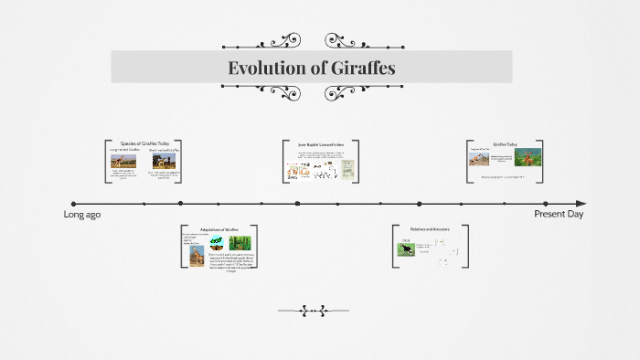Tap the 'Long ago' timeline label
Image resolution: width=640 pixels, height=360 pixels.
81,214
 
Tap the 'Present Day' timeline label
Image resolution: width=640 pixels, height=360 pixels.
559,214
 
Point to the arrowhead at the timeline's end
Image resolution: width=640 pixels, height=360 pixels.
580,204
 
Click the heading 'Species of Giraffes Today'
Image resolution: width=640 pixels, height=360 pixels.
145,143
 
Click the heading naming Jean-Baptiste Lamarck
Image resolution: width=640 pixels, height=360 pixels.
320,144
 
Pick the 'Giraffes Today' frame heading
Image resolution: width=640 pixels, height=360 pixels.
506,144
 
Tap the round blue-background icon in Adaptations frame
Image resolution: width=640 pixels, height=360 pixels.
217,243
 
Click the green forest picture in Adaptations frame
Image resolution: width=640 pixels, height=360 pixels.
240,243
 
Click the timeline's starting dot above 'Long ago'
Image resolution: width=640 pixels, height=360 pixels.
74,204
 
